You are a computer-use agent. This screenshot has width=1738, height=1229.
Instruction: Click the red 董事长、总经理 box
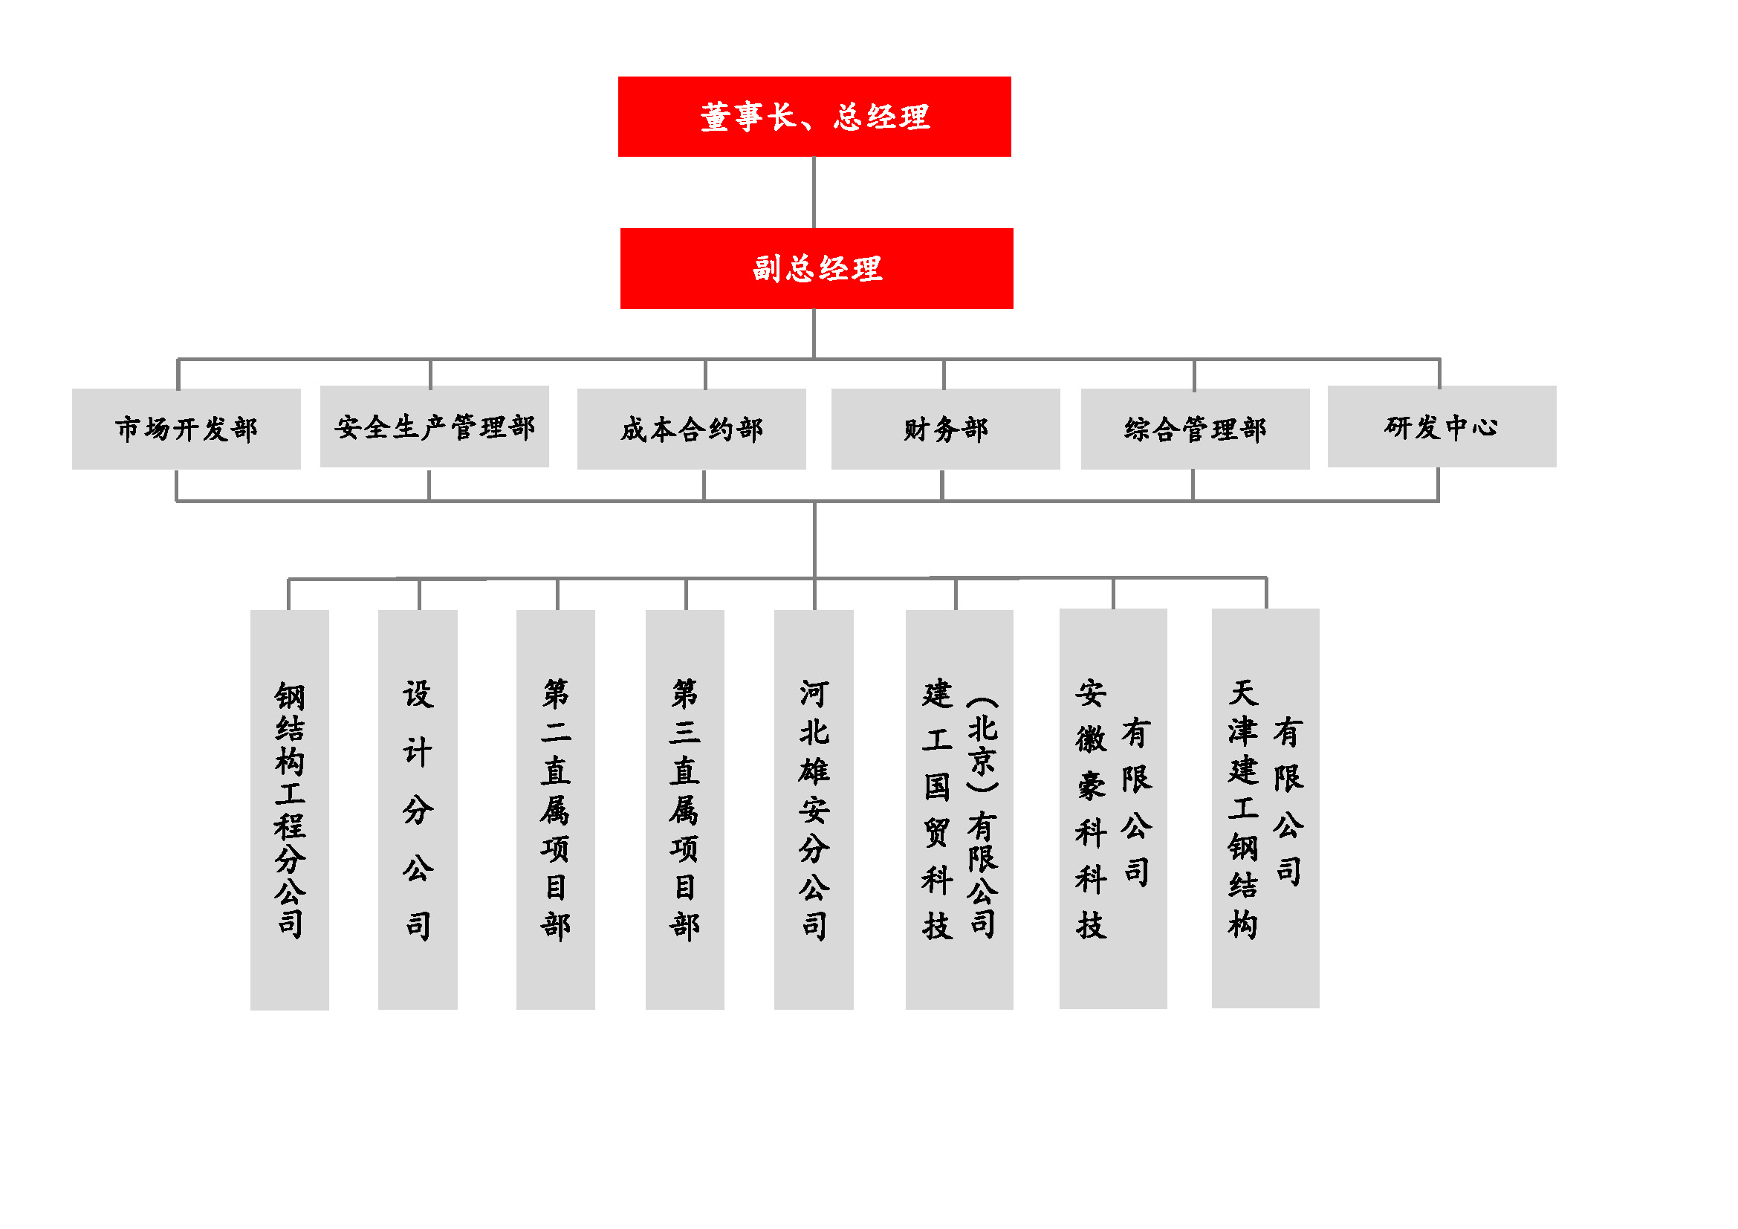point(814,117)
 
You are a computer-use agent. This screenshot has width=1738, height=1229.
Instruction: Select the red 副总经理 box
point(817,269)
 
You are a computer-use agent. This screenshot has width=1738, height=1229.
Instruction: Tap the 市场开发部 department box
point(187,429)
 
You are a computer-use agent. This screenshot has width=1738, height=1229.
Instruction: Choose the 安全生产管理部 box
point(435,427)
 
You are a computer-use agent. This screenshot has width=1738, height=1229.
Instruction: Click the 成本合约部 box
point(692,429)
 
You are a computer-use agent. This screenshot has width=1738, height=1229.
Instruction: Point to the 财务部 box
point(945,429)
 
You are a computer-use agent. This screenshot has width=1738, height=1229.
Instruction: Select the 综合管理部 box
point(1196,429)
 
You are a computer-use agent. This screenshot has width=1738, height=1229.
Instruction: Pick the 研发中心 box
point(1442,427)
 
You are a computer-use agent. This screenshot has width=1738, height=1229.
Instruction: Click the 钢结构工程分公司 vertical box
point(290,810)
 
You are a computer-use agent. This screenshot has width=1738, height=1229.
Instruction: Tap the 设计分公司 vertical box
point(418,810)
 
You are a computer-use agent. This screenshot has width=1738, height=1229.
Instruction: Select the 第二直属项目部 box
point(556,810)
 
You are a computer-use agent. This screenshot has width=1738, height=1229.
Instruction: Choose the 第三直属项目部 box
point(685,810)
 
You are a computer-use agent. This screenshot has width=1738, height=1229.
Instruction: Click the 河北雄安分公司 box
point(814,810)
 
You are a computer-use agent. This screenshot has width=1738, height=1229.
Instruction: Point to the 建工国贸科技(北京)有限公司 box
point(960,810)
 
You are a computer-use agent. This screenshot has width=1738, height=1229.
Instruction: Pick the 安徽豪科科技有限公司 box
point(1114,808)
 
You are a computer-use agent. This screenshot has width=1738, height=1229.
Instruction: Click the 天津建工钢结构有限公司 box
point(1265,808)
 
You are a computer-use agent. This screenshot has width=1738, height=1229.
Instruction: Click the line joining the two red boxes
point(814,192)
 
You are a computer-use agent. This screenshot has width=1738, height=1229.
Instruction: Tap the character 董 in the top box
point(716,117)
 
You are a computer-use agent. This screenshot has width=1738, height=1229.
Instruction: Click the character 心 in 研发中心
point(1485,427)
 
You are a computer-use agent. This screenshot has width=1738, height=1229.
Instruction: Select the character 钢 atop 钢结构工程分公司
point(290,696)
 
